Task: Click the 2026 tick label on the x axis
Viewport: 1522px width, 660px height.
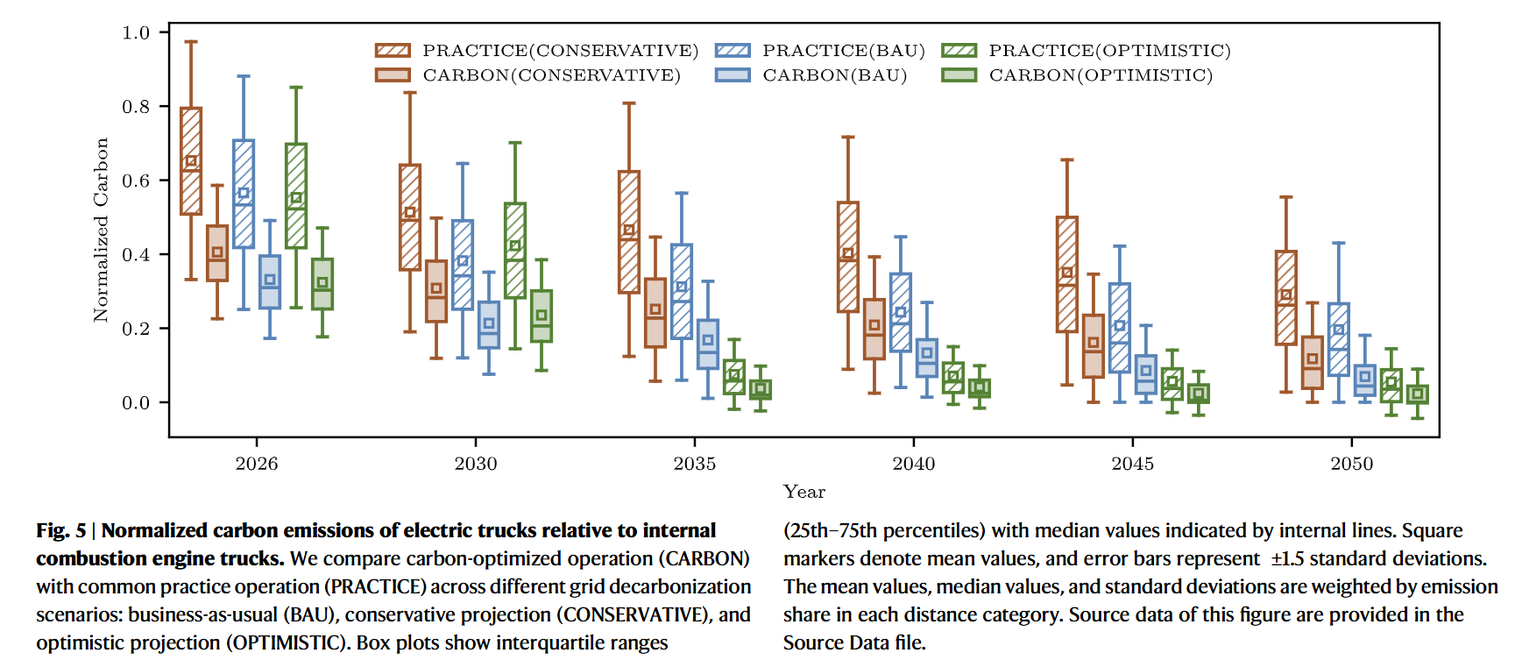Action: (x=256, y=464)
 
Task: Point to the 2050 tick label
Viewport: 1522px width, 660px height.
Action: (x=1351, y=464)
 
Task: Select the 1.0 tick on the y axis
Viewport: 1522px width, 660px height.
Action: (x=136, y=32)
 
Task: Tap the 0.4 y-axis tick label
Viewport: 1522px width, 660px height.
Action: (x=136, y=255)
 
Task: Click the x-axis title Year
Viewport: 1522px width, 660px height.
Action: (x=803, y=492)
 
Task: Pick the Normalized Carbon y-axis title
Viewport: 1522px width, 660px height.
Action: (x=102, y=230)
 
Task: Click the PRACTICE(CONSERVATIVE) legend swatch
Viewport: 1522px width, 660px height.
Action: (x=393, y=51)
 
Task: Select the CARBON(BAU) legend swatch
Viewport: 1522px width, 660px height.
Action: (x=733, y=75)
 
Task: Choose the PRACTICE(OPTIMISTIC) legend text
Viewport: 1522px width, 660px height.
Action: (x=1109, y=51)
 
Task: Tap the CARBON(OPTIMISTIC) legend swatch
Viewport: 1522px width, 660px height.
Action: (x=959, y=75)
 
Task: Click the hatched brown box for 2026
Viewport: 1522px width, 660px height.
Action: (x=191, y=161)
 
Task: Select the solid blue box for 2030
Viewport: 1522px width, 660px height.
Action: (x=489, y=325)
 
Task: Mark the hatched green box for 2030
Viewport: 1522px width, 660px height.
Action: (x=515, y=251)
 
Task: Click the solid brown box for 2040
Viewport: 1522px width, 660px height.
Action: (x=874, y=329)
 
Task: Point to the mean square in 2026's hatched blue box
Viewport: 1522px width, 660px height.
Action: (x=244, y=194)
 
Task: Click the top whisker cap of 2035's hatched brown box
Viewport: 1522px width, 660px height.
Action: (x=629, y=103)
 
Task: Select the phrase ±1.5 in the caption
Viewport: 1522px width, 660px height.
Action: (x=1288, y=559)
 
